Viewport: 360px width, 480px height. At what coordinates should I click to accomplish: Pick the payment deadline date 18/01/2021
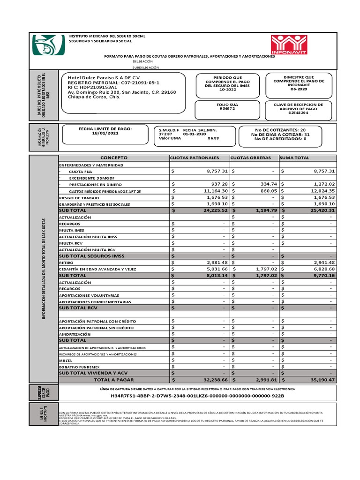point(105,133)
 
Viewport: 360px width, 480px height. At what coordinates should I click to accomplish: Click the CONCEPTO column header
point(113,158)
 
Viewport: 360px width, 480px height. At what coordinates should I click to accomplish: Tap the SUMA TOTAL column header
point(295,158)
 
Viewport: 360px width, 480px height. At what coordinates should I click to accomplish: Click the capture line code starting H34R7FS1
point(197,396)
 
